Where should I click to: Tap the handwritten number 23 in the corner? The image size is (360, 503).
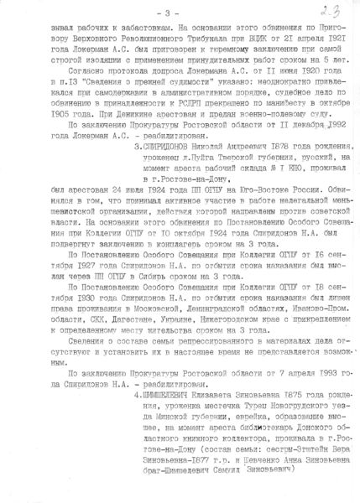[x=323, y=11]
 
